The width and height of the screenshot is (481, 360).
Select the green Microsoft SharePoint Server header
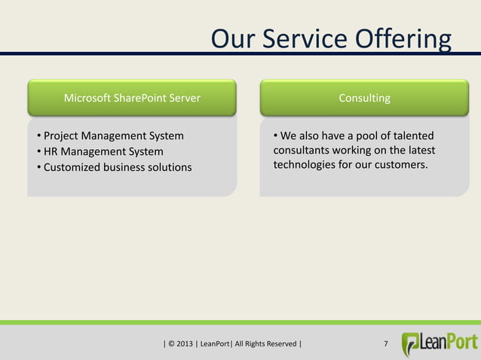[132, 98]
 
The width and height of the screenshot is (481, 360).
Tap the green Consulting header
[364, 98]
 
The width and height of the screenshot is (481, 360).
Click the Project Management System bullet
[113, 136]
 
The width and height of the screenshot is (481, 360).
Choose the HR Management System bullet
[103, 151]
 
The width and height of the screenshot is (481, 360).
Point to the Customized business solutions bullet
[117, 166]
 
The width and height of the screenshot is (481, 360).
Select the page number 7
[386, 345]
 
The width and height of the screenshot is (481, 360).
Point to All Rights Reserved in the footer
[265, 345]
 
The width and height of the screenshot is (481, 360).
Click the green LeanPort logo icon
[412, 344]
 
